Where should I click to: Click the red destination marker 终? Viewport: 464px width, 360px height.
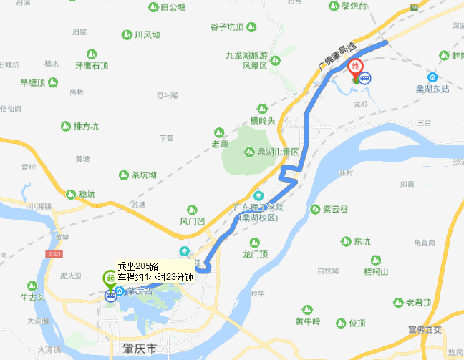point(354,69)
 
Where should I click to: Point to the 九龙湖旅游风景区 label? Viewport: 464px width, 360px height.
point(246,60)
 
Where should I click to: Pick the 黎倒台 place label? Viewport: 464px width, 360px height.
point(354,6)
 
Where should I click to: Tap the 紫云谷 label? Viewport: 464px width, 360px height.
point(334,209)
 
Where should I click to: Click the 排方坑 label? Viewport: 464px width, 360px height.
point(85,126)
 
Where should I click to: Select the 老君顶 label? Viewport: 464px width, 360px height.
point(420,302)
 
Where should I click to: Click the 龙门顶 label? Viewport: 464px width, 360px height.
point(255,254)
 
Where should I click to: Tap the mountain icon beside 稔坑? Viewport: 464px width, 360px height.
point(70,194)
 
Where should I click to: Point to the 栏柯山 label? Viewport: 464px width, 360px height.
point(375,271)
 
